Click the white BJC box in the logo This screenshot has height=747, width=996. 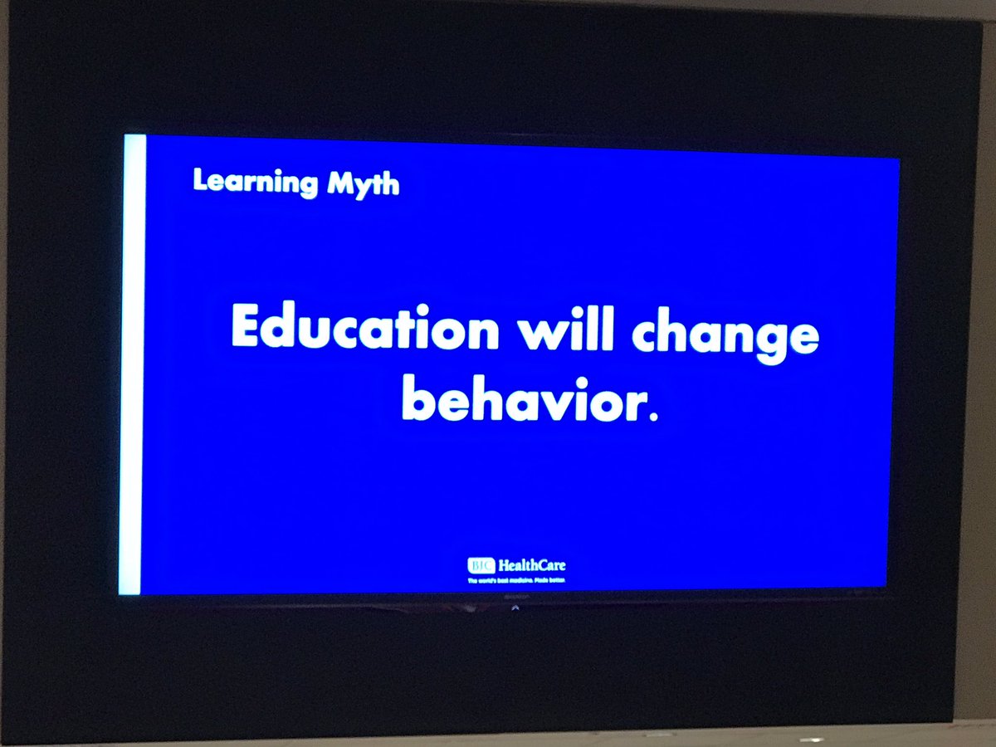(x=481, y=566)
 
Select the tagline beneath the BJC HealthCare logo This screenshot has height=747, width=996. (x=516, y=580)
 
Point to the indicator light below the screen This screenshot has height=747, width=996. (x=515, y=608)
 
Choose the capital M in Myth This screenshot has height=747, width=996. (x=340, y=183)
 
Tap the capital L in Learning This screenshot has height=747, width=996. (x=199, y=180)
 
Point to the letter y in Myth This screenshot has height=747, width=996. (x=364, y=188)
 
